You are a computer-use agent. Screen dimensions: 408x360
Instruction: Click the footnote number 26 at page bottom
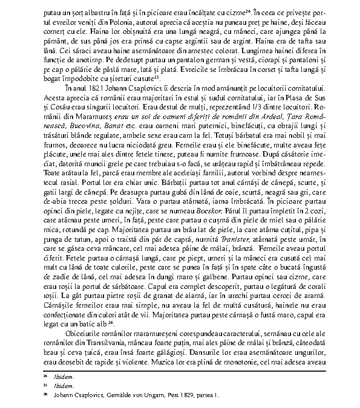click(44, 396)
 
